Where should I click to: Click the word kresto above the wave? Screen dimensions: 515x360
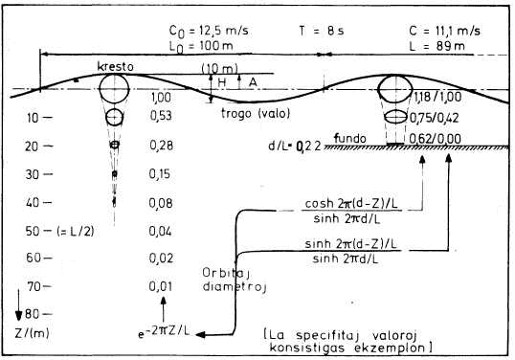(x=115, y=67)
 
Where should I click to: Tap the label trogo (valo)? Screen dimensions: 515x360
(x=256, y=114)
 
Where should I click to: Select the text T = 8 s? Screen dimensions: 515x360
(x=322, y=31)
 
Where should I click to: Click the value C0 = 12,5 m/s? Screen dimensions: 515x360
(x=209, y=32)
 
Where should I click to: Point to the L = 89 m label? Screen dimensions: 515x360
(x=437, y=46)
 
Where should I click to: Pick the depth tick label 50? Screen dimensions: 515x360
(x=33, y=232)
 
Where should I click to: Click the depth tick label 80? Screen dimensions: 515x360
(x=33, y=314)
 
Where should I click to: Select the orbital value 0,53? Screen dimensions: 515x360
(x=161, y=116)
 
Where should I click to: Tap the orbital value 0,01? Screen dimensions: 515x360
(x=160, y=286)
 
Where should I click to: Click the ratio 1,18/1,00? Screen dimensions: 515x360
(x=437, y=97)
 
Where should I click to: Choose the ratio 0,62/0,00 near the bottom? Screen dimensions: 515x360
(x=436, y=139)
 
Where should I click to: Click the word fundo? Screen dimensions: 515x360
(x=349, y=138)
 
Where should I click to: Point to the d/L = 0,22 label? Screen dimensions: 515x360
(x=294, y=146)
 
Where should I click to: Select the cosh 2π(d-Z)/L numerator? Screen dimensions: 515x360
(x=351, y=204)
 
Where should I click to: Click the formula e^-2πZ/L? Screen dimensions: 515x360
(x=164, y=332)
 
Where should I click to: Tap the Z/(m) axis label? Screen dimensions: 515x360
(x=32, y=333)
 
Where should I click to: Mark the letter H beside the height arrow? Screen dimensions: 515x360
(x=222, y=82)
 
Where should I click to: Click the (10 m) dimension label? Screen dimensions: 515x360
(x=220, y=69)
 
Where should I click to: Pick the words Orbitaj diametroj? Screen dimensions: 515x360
(x=235, y=280)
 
